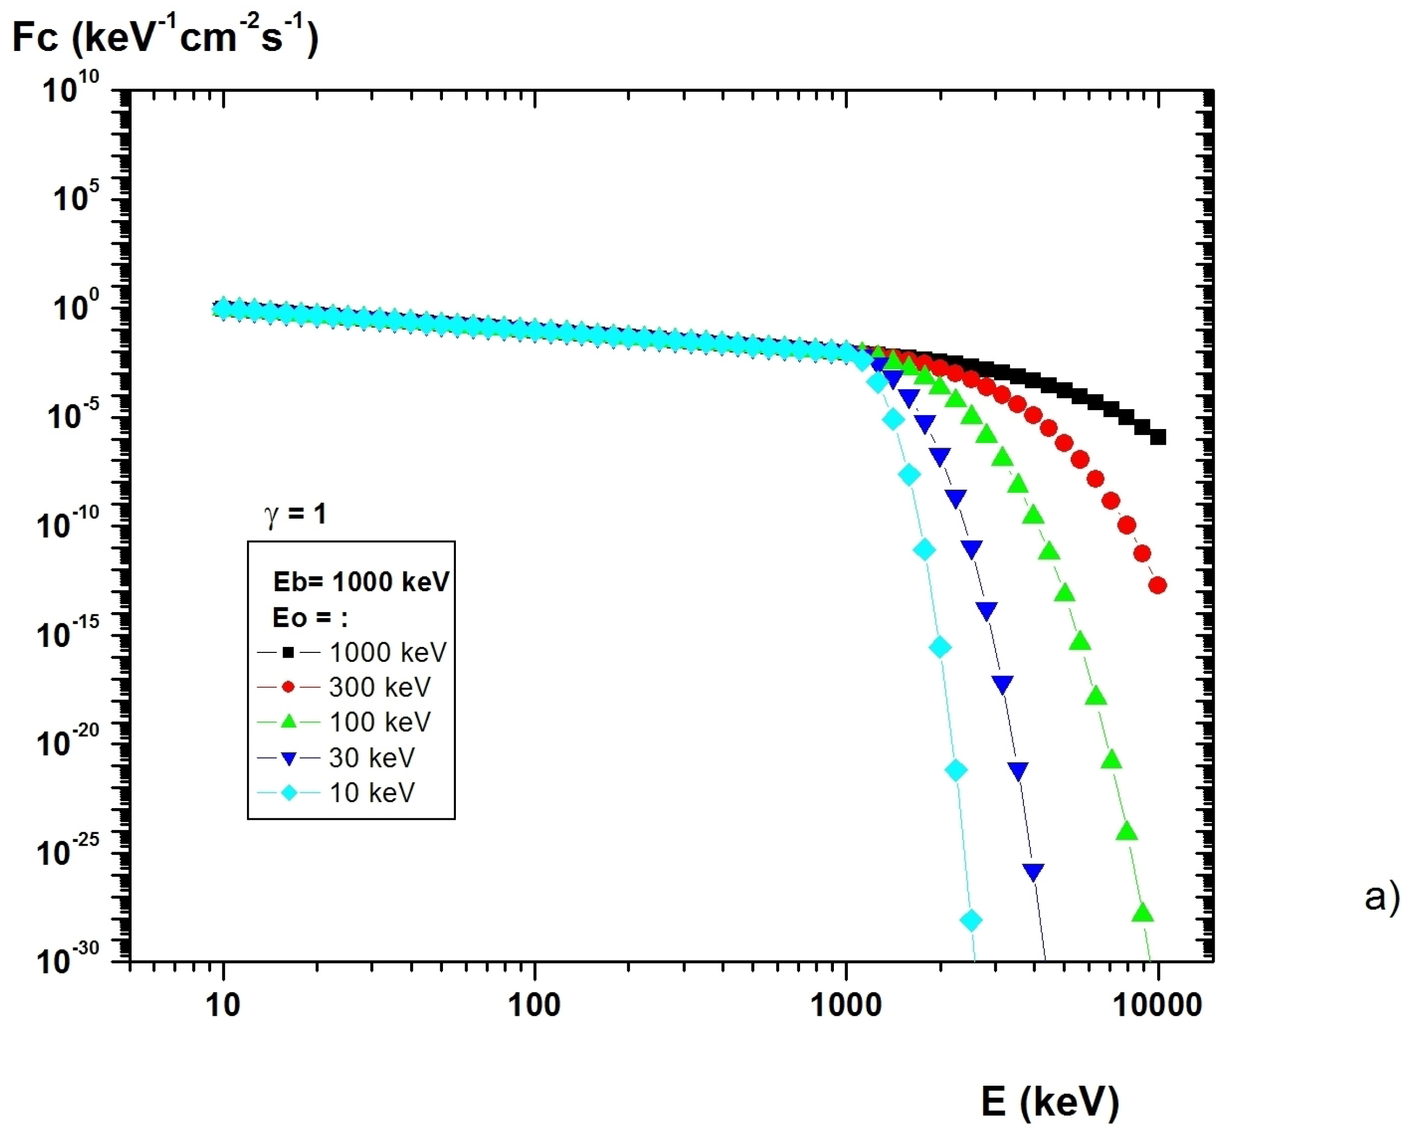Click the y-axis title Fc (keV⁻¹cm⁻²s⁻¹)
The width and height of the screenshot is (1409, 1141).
(164, 37)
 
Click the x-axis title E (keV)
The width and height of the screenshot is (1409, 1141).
(1050, 1100)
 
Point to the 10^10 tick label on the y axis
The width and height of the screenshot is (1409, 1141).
(70, 88)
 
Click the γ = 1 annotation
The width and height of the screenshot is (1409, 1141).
(295, 514)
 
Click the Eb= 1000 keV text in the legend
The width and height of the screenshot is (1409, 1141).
(361, 582)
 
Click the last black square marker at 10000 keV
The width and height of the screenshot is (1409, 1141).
(1157, 437)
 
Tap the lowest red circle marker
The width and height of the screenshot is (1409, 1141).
(1157, 585)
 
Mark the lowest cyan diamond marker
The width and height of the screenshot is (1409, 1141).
(971, 920)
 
